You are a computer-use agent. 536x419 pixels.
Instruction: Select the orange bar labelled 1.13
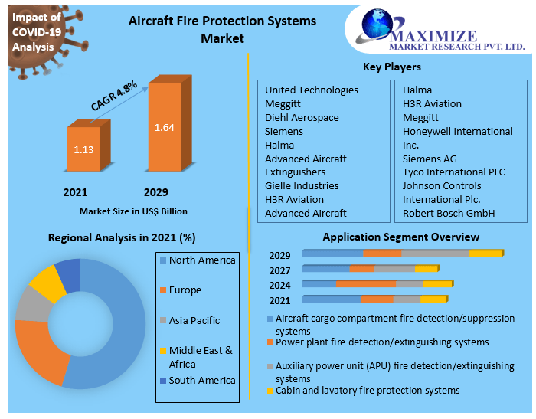click(x=83, y=149)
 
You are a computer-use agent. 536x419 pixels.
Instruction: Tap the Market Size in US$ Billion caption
click(x=133, y=211)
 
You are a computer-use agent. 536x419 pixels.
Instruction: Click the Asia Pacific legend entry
click(x=194, y=321)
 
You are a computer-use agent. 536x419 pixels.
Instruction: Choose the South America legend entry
click(x=201, y=381)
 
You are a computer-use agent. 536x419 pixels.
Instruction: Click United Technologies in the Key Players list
click(x=311, y=90)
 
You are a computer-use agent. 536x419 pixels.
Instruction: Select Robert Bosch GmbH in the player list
click(x=449, y=213)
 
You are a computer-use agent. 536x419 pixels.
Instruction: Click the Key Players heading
click(x=391, y=67)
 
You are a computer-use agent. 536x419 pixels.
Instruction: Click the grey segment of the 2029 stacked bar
click(x=435, y=253)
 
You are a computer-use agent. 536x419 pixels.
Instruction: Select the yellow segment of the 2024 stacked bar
click(x=437, y=283)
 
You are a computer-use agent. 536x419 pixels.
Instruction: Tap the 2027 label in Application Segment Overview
click(x=279, y=270)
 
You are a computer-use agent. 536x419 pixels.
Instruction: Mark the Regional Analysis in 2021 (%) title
click(x=122, y=237)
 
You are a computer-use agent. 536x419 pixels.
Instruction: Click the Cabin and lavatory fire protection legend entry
click(x=368, y=391)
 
